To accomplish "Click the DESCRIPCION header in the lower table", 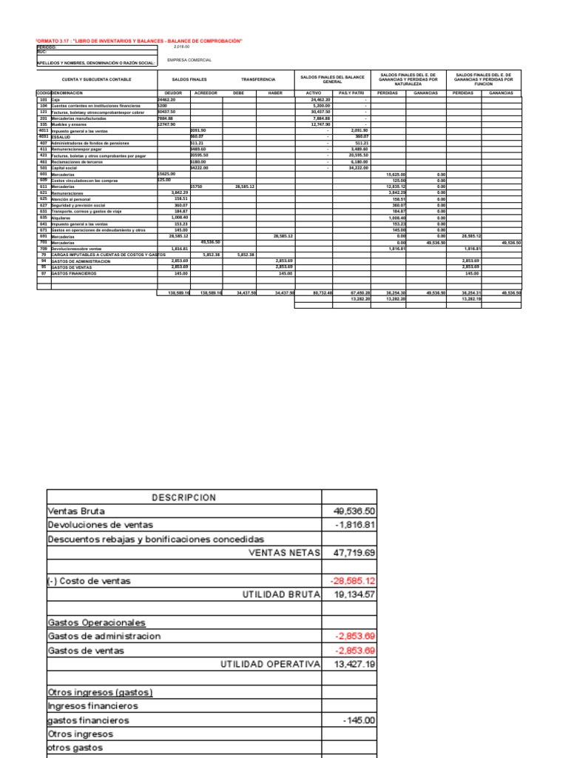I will [x=184, y=497].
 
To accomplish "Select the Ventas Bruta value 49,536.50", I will [x=350, y=511].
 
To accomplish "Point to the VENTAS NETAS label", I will [x=284, y=553].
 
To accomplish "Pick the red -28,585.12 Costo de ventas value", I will [x=352, y=581].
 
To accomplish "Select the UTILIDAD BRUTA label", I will [x=280, y=594].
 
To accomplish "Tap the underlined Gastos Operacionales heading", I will [x=96, y=623].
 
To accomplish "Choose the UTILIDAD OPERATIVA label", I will [x=270, y=664].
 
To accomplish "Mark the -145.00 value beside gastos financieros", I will [x=359, y=720].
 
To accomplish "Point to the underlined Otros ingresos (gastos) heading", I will [x=100, y=692].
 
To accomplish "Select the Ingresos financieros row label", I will [x=92, y=706].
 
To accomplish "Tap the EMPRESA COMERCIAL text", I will [x=189, y=60].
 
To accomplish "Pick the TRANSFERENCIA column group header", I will [x=258, y=78].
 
